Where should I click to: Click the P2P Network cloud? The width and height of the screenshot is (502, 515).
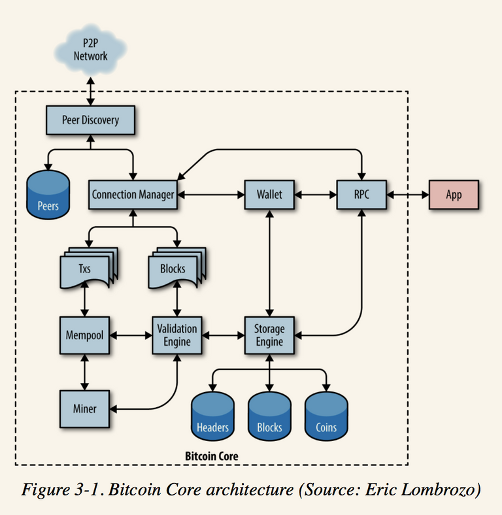click(90, 50)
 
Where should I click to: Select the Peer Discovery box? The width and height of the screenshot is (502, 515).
click(90, 120)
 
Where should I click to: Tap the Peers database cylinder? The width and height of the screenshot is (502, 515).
click(48, 195)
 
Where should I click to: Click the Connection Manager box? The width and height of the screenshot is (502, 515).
click(133, 195)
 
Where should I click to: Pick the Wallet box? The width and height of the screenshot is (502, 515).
click(269, 195)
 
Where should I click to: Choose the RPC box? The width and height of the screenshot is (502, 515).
click(361, 195)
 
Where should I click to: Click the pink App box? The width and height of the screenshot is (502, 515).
click(454, 195)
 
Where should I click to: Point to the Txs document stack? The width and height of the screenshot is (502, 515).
click(89, 268)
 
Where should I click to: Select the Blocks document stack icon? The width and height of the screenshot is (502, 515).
click(177, 268)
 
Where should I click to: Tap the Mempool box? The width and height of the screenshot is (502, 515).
click(84, 335)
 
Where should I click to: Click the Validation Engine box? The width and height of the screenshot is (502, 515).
click(176, 335)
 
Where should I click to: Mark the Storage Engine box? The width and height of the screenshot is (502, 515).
click(269, 335)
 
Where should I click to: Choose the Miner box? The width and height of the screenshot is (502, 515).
click(84, 409)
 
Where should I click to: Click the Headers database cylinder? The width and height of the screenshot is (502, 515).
click(212, 416)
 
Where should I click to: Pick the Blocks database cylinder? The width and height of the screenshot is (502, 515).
click(269, 416)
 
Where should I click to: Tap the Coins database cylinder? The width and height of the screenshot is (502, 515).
click(326, 416)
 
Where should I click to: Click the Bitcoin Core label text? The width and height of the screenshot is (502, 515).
click(212, 456)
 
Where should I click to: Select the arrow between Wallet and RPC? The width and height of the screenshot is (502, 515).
click(316, 195)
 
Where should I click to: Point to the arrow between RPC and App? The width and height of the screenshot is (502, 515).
click(408, 195)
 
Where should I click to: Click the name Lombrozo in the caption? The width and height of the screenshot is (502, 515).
click(439, 490)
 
